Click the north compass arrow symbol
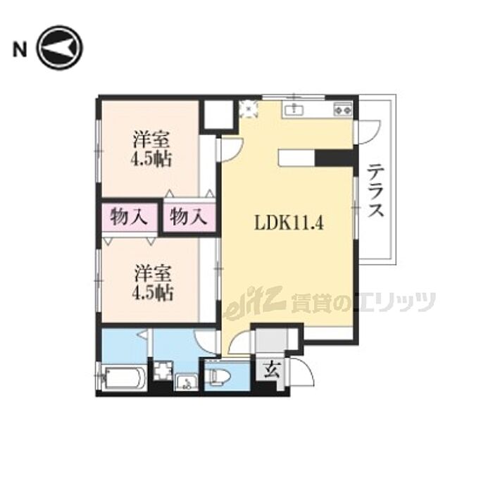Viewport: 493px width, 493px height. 59,47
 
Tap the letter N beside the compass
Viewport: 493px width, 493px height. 20,50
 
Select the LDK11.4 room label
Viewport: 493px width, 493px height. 288,223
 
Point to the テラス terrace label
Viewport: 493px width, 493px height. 375,190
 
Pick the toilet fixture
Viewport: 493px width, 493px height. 220,376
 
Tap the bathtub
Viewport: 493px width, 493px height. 124,378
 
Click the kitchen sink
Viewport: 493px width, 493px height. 294,110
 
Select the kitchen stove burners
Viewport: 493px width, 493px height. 343,109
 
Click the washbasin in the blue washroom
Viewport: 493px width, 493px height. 187,382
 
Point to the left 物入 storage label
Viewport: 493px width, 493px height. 129,217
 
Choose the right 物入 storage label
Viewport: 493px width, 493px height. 189,217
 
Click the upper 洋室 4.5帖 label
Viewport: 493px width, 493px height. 151,149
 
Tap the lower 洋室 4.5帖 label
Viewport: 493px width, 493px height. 153,282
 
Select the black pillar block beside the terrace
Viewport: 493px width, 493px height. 335,158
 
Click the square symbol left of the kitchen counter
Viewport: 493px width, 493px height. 249,109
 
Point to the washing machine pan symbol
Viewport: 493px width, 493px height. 163,370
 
